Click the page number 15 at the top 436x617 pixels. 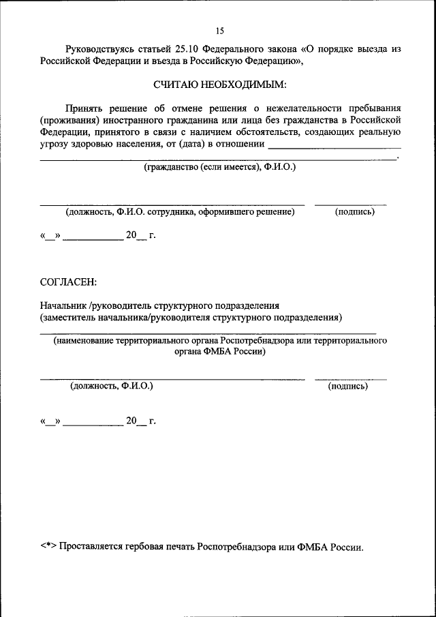pos(219,31)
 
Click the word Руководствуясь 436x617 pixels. pos(98,49)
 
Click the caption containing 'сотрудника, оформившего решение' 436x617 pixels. pos(180,212)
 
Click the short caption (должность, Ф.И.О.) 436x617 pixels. pos(112,386)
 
